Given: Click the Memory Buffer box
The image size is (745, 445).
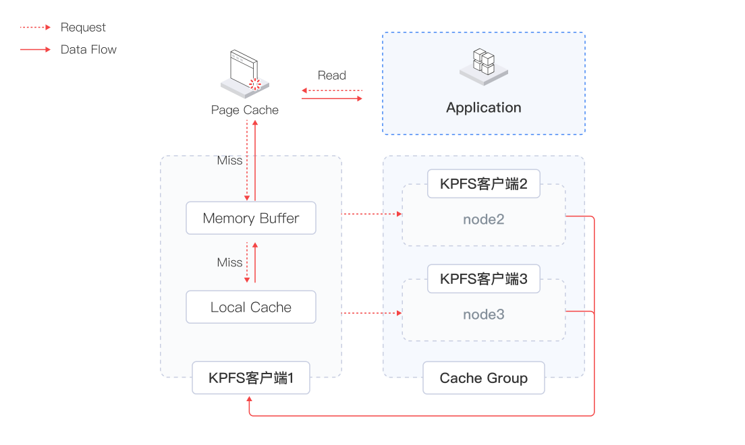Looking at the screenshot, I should click(251, 218).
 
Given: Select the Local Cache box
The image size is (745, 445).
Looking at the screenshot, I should click(251, 307).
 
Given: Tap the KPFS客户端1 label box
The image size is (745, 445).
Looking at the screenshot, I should click(251, 378).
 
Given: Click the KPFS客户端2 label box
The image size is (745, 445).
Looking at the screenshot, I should click(484, 183).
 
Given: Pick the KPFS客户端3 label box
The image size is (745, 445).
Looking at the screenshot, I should click(484, 278).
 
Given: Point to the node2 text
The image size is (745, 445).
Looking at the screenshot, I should click(484, 220).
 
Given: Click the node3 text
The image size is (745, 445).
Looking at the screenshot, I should click(484, 315).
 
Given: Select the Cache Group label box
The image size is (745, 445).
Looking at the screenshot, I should click(484, 378).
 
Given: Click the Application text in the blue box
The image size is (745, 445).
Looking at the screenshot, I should click(484, 108).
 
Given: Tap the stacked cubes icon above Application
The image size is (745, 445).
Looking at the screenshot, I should click(484, 66).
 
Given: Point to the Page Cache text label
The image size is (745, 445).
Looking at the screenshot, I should click(245, 110).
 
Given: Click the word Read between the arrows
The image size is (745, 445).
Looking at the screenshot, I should click(332, 76).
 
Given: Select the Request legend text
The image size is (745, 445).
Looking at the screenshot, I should click(84, 28).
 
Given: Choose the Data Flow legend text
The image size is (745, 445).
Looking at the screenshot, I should click(88, 49).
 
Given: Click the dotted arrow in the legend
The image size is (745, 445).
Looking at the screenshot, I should click(35, 28).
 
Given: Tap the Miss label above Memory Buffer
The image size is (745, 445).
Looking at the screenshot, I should click(230, 160).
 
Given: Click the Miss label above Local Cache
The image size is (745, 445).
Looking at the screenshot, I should click(230, 262).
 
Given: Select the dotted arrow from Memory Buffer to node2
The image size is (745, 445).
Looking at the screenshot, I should click(372, 214).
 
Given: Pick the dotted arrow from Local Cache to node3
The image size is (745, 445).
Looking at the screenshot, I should click(372, 314).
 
